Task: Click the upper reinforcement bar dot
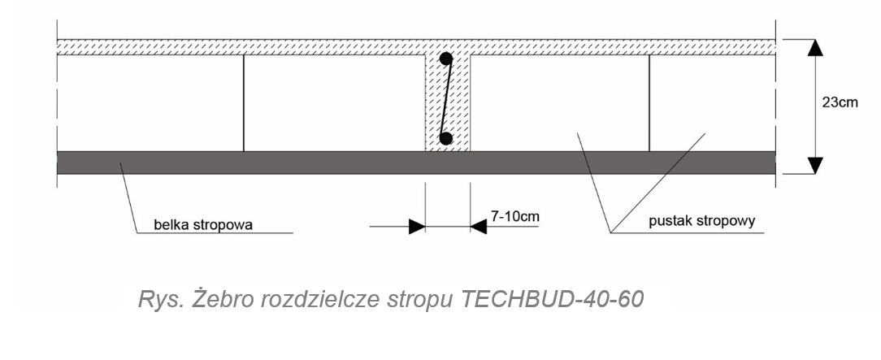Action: (446, 59)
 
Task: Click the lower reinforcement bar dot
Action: (445, 138)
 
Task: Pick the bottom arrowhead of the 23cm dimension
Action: (816, 165)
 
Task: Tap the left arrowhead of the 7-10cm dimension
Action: (416, 227)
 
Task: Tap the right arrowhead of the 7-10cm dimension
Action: (479, 227)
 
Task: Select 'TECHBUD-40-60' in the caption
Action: (553, 299)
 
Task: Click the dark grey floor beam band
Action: (244, 163)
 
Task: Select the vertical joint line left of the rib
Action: (243, 102)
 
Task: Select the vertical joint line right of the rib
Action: (649, 102)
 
